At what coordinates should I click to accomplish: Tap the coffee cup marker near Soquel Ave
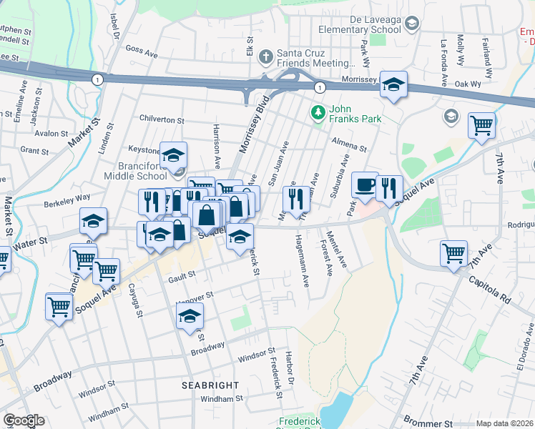point(365,186)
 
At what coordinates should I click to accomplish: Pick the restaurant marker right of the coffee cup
point(388,188)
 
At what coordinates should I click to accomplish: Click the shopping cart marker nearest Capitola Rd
point(455,253)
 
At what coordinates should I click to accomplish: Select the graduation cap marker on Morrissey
point(393,84)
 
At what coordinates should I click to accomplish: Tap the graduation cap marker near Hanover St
point(190,316)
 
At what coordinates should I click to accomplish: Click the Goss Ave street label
point(141,51)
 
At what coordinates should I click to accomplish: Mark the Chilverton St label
point(162,121)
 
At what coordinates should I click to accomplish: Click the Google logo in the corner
point(24,420)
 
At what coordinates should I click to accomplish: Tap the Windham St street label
point(222,400)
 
